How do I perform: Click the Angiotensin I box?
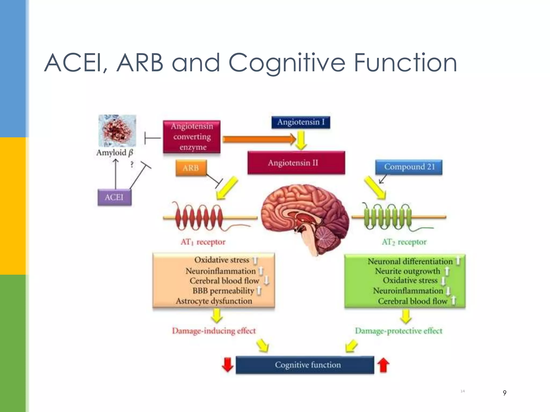tap(301, 122)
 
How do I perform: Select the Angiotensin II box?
tap(296, 163)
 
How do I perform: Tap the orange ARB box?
tap(191, 168)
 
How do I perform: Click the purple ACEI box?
tap(114, 197)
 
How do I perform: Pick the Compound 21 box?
tap(408, 167)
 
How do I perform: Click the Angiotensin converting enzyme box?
tap(192, 137)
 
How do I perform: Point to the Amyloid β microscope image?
tap(117, 131)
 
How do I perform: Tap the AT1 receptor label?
tap(203, 242)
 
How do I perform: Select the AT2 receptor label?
tap(404, 242)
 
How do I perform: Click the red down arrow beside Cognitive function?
tap(227, 365)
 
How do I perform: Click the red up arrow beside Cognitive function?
tap(383, 365)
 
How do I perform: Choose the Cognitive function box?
tap(305, 365)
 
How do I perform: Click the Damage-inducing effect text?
tap(214, 331)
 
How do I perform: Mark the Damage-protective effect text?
tap(398, 331)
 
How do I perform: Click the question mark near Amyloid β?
tap(132, 164)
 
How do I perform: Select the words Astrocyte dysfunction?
tap(214, 301)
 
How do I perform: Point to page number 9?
tap(504, 393)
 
